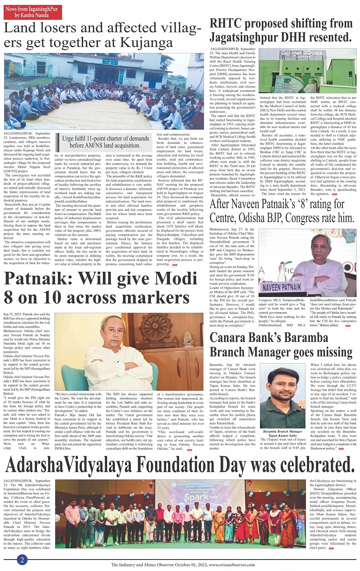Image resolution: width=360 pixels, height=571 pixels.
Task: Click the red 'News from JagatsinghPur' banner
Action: pos(33,12)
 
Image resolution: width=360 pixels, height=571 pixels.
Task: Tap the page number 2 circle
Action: pos(22,560)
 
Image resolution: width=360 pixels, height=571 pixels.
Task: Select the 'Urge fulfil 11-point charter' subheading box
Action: pos(106,142)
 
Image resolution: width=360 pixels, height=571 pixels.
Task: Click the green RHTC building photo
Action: pos(307,71)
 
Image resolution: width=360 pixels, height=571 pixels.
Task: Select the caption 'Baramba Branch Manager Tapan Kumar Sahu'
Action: pos(282,433)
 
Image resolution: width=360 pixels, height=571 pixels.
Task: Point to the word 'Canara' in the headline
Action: pos(231,337)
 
